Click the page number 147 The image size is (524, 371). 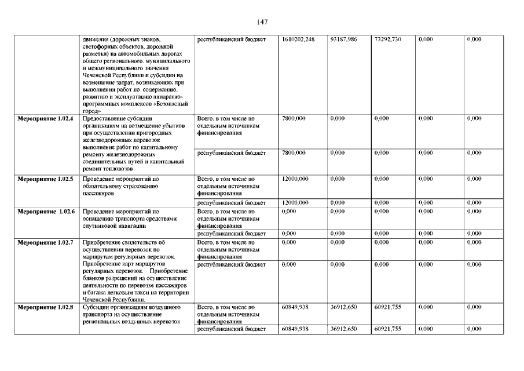coord(262,22)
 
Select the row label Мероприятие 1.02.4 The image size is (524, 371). coord(45,118)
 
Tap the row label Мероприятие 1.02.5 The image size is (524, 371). coord(45,179)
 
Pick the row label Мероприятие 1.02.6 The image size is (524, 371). coord(46,212)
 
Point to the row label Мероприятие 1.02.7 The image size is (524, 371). coord(45,242)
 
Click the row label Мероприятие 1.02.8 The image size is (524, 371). coord(45,307)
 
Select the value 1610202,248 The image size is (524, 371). coord(298,39)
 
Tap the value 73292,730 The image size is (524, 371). coord(387,39)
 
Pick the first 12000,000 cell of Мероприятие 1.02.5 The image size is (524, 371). coord(295,179)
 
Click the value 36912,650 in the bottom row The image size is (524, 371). coord(343,329)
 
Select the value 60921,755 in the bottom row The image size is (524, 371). coord(388,329)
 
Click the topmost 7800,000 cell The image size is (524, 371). coord(294,118)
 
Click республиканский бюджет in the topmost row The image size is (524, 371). coord(232,39)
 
